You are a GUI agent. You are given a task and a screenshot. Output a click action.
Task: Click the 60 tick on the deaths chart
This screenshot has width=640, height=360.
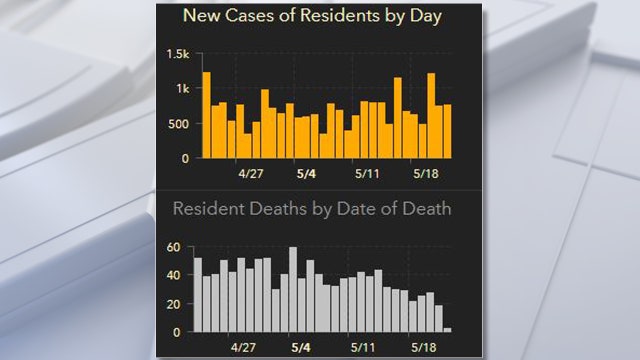coord(176,247)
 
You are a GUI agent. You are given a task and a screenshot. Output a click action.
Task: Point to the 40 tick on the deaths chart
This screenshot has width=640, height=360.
coord(176,275)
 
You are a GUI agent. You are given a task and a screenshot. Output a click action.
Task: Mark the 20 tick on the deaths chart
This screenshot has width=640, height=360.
coord(176,304)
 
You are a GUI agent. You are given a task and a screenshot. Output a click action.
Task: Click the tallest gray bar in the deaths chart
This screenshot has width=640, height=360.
coord(293,290)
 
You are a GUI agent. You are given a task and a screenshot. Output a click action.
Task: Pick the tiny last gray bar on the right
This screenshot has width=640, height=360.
coord(447,329)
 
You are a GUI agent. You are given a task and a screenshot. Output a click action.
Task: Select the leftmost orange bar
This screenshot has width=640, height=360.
coord(206,115)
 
